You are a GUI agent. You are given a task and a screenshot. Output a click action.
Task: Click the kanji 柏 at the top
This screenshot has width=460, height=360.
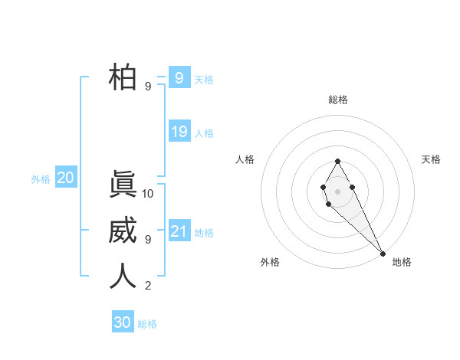pyautogui.click(x=123, y=77)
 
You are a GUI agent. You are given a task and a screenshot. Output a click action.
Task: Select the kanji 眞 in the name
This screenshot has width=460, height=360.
pyautogui.click(x=123, y=185)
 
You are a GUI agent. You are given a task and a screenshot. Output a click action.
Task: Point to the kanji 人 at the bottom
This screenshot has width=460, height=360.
pyautogui.click(x=123, y=277)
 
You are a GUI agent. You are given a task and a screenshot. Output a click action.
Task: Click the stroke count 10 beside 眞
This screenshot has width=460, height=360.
pyautogui.click(x=148, y=194)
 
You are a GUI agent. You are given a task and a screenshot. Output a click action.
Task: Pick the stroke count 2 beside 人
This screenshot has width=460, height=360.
pyautogui.click(x=148, y=286)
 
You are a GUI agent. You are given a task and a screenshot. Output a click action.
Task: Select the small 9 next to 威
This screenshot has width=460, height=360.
pyautogui.click(x=148, y=240)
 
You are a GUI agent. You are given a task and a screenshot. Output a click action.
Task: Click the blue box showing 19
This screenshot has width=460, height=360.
pyautogui.click(x=179, y=132)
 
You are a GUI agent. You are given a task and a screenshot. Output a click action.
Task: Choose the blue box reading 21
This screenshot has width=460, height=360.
pyautogui.click(x=179, y=231)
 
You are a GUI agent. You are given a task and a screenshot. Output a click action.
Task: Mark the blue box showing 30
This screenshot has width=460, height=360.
pyautogui.click(x=123, y=322)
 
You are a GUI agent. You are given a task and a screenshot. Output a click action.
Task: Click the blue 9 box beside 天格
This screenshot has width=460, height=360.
pyautogui.click(x=179, y=78)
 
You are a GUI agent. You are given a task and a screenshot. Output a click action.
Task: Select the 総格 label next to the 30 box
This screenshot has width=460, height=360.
pyautogui.click(x=147, y=324)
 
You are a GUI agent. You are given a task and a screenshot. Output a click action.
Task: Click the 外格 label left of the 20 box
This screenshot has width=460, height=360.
pyautogui.click(x=41, y=179)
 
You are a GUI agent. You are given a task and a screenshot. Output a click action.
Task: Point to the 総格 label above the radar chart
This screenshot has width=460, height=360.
pyautogui.click(x=337, y=100)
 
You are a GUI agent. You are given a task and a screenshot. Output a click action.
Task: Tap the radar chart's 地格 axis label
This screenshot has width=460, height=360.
pyautogui.click(x=402, y=262)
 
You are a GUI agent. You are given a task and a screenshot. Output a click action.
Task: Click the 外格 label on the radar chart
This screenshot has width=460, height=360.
pyautogui.click(x=270, y=262)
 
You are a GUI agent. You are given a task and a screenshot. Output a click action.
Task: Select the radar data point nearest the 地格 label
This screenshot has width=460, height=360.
pyautogui.click(x=383, y=254)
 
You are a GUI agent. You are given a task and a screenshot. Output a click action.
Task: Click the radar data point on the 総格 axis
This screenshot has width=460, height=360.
pyautogui.click(x=337, y=161)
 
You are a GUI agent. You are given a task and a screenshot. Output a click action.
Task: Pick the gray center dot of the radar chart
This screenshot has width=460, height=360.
pyautogui.click(x=337, y=190)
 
